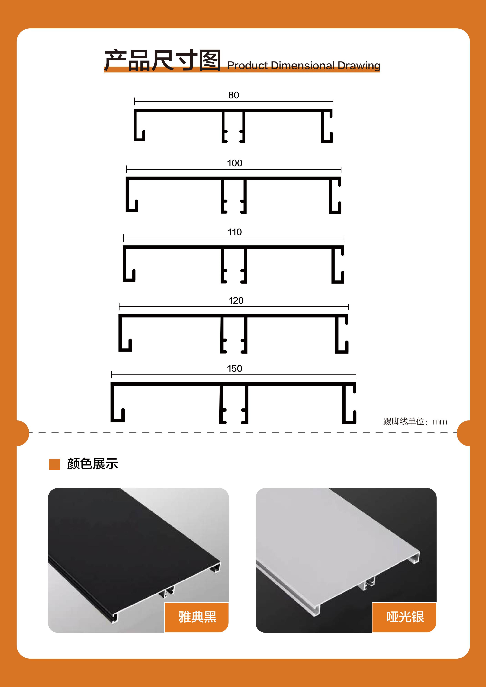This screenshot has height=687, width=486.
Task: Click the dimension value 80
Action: tap(233, 95)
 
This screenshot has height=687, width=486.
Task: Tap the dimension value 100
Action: tap(235, 163)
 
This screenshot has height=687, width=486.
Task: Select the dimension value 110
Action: tap(235, 232)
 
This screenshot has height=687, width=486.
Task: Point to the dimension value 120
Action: tap(236, 300)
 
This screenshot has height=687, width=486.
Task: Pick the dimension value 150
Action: tap(235, 368)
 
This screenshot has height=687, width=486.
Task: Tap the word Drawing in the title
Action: tap(359, 66)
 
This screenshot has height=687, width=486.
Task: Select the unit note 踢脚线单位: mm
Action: tap(415, 422)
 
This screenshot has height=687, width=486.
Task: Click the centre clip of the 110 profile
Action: tap(234, 265)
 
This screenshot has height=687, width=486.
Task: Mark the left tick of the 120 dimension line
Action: tap(119, 307)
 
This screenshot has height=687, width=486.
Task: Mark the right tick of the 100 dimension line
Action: tap(341, 169)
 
